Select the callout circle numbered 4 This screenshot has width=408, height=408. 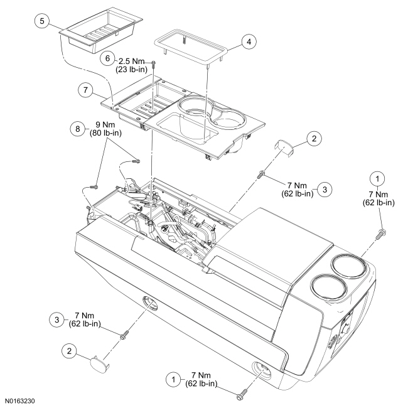click(249, 43)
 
